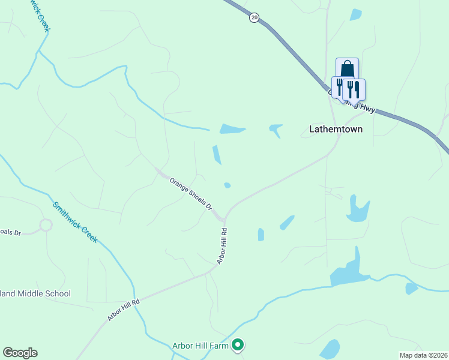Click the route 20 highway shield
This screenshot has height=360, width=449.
tap(255, 18)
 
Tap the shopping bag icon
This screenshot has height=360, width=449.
tap(347, 68)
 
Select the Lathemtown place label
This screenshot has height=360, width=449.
tap(336, 128)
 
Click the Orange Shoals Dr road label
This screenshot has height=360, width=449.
tap(191, 193)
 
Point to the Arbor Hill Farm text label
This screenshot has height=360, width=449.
tap(200, 345)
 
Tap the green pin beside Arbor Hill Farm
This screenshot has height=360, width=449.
tap(238, 345)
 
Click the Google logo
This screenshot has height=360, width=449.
tap(20, 353)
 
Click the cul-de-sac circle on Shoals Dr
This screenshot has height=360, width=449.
tap(46, 226)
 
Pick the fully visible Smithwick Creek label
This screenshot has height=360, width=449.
tap(75, 221)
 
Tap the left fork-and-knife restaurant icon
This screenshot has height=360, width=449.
tap(339, 88)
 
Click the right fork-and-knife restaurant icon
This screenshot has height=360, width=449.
tap(354, 89)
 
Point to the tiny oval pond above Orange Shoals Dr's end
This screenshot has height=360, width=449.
tap(227, 185)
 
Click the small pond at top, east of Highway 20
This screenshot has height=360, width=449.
tap(356, 14)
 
